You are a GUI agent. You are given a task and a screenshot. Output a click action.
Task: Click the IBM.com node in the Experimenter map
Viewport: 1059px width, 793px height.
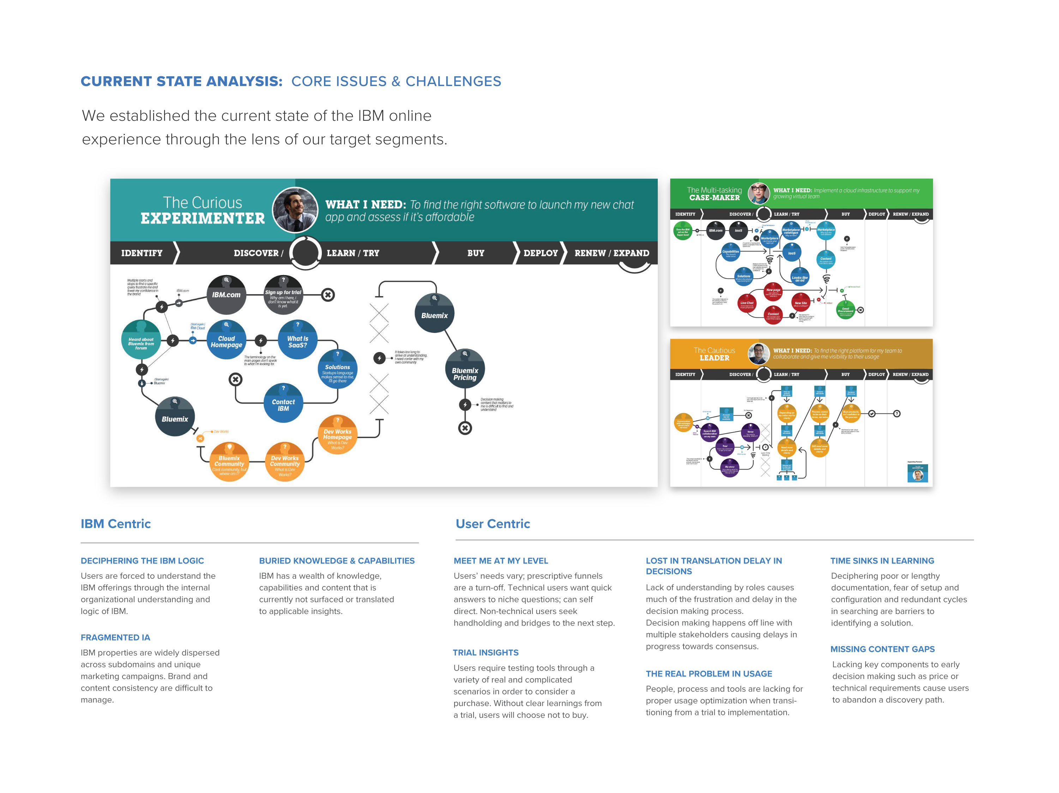click(x=227, y=295)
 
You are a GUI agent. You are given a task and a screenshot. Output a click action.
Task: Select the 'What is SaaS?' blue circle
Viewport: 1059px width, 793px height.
click(x=298, y=340)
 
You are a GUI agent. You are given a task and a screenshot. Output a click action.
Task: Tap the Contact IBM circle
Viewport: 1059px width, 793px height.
click(x=283, y=404)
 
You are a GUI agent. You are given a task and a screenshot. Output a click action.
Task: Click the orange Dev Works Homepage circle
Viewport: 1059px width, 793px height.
click(x=337, y=434)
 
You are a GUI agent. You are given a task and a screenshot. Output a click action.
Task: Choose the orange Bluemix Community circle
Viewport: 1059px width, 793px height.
click(x=229, y=461)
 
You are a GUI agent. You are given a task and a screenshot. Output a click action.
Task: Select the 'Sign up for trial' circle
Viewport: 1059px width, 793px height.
click(x=283, y=295)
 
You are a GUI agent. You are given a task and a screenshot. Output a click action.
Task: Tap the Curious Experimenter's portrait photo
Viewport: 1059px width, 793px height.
click(x=295, y=209)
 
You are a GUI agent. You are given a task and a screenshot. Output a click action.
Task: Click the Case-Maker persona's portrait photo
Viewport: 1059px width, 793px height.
click(x=758, y=193)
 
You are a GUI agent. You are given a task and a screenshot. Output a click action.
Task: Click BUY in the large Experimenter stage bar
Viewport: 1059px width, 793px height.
click(x=476, y=253)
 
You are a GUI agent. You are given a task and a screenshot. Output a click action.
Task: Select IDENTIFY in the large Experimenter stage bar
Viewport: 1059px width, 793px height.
click(x=142, y=253)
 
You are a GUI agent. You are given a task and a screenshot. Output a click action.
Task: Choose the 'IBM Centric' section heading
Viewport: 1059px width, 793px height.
click(x=116, y=524)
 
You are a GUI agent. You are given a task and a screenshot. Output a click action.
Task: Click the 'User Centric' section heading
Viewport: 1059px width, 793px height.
click(x=493, y=524)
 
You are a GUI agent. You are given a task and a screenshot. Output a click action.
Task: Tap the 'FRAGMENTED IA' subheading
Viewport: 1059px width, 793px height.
click(x=115, y=637)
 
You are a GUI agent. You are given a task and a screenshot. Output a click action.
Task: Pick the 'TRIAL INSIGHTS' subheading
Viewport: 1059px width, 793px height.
click(x=486, y=652)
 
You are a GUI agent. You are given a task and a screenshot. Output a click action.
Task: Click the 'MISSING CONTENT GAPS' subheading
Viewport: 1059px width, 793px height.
click(x=882, y=649)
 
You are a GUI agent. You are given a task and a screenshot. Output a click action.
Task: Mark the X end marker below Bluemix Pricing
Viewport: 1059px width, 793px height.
click(x=465, y=428)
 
